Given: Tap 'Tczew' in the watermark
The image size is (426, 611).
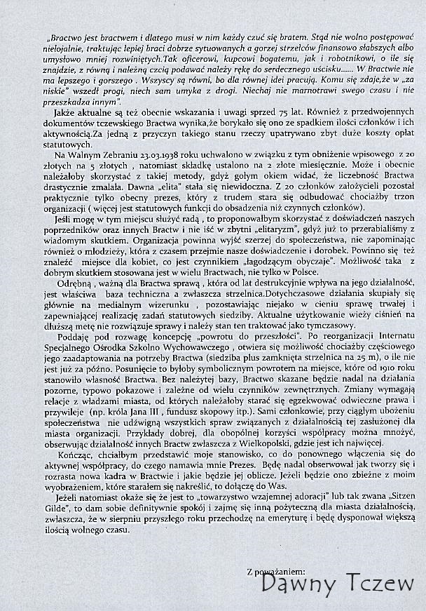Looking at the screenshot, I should point(376,584).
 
